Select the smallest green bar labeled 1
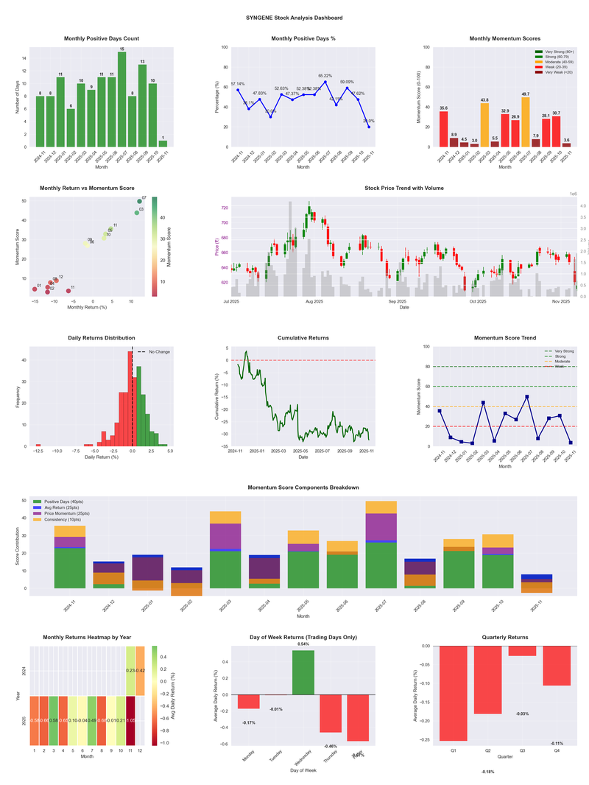click(x=163, y=144)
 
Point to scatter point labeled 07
click(x=139, y=201)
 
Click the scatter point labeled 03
click(x=136, y=213)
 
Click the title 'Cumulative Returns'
click(x=303, y=338)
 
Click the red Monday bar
click(x=249, y=702)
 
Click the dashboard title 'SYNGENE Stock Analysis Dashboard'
click(x=294, y=18)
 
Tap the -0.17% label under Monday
click(x=249, y=722)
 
